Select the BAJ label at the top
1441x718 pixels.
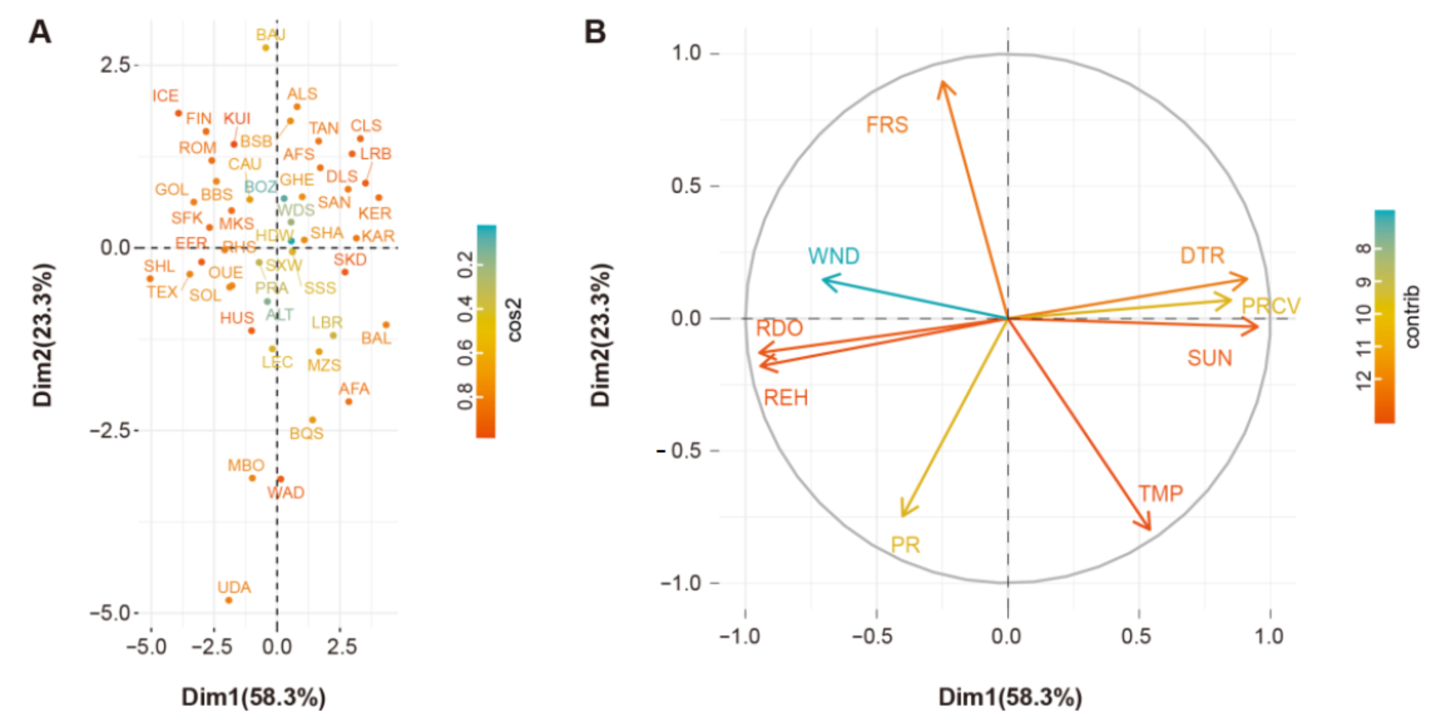pyautogui.click(x=271, y=35)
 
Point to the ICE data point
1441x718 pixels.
pyautogui.click(x=178, y=113)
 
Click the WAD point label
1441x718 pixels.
pyautogui.click(x=286, y=492)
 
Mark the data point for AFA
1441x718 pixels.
pyautogui.click(x=348, y=401)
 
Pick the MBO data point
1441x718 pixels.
pyautogui.click(x=252, y=478)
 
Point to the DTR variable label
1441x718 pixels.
pyautogui.click(x=1202, y=256)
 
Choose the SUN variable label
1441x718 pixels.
pyautogui.click(x=1209, y=358)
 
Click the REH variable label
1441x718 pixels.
pyautogui.click(x=786, y=398)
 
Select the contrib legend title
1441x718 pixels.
pyautogui.click(x=1412, y=317)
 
